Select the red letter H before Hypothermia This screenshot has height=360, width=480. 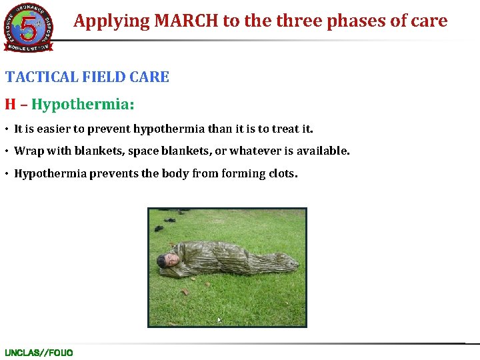(10, 105)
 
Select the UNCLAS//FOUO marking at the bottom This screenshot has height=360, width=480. (39, 353)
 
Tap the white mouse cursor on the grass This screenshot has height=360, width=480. (219, 320)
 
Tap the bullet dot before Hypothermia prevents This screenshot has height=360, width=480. (8, 174)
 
